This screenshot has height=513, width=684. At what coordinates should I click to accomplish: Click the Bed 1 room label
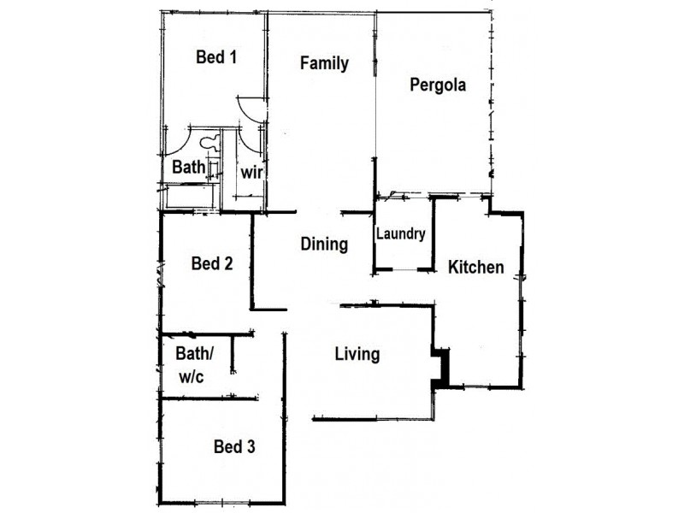216,58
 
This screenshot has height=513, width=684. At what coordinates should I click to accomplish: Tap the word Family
324,63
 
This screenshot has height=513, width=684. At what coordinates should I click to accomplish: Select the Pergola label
437,85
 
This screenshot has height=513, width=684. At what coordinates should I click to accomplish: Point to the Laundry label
401,234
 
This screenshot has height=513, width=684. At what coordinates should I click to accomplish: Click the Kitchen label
476,268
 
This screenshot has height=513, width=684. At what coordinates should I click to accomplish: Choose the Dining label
324,245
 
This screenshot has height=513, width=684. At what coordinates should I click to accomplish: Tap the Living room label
357,354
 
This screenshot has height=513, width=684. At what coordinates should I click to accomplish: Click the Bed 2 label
212,263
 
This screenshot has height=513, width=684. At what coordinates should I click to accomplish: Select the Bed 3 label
234,446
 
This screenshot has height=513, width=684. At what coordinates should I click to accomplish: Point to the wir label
251,172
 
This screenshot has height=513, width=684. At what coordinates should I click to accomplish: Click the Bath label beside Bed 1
189,168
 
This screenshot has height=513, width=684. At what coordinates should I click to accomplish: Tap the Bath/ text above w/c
194,353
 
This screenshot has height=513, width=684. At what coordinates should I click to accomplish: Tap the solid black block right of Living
441,369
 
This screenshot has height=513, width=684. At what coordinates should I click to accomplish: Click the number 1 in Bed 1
232,58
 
